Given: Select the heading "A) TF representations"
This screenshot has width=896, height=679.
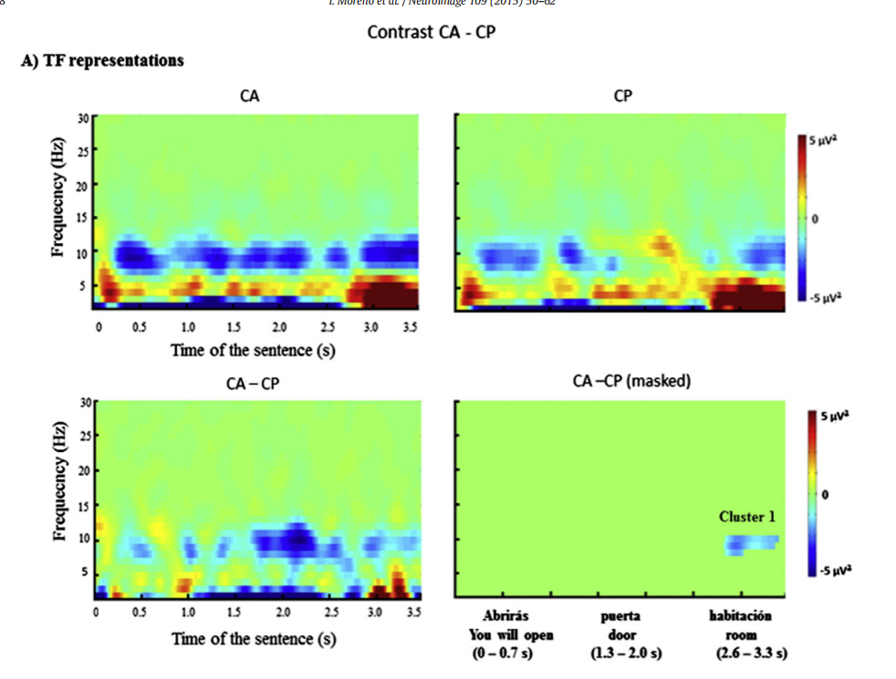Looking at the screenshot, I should [102, 61].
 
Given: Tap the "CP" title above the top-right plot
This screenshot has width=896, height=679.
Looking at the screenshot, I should [623, 97].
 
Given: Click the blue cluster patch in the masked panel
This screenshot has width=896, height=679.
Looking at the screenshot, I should [751, 543].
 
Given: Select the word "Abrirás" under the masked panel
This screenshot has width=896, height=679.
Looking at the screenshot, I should [505, 616].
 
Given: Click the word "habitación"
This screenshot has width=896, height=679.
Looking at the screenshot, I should [740, 616].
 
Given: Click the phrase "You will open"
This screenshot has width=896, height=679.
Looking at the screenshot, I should [511, 634].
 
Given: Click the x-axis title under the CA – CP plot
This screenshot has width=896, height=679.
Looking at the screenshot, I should [254, 639].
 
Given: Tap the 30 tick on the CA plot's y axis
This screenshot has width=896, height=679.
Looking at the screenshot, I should [83, 117].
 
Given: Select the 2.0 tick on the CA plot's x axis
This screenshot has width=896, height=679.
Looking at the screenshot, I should [279, 327].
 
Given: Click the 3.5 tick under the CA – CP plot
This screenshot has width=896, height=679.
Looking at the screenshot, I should [413, 612].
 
